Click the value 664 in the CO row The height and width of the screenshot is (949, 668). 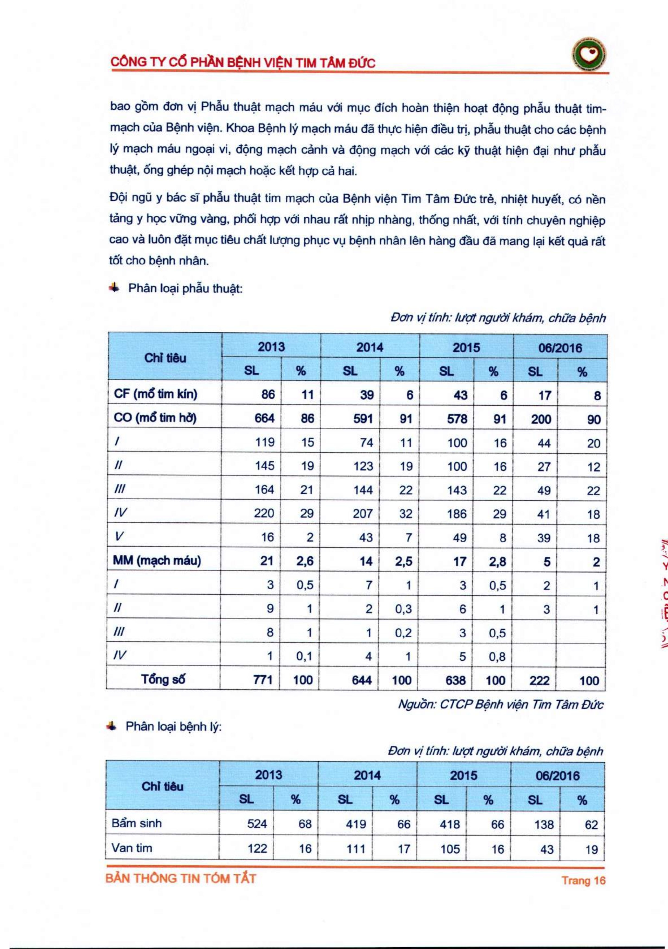264,418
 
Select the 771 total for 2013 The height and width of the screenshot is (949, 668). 262,680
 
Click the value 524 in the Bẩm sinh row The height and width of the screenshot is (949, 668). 257,824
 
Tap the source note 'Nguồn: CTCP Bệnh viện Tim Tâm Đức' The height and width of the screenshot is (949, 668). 500,705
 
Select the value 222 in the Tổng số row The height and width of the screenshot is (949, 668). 539,680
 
